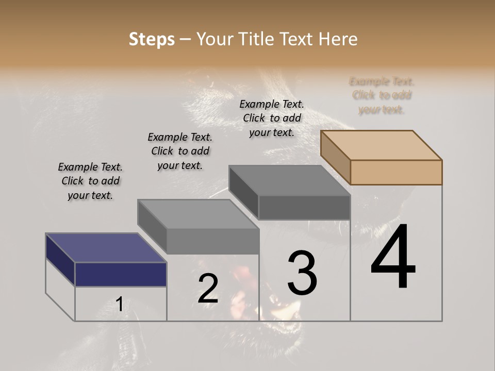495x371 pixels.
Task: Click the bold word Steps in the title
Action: coord(152,39)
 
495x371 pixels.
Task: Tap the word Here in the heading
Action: coord(338,39)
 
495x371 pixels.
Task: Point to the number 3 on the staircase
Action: coord(302,273)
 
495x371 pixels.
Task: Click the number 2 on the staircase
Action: coord(208,289)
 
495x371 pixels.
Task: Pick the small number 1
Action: coord(119,305)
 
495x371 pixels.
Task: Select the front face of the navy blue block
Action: coord(121,274)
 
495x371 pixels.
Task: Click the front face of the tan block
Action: coord(396,172)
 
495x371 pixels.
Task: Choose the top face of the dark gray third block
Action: coord(289,180)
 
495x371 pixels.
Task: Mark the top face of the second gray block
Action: coord(198,214)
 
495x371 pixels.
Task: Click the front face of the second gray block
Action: coord(212,241)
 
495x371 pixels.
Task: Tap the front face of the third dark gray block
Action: coord(304,207)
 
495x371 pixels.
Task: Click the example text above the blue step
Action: coord(90,181)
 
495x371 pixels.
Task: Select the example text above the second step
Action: coord(180,151)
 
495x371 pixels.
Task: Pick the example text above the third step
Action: coord(272,118)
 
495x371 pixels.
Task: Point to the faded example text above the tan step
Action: coord(382,95)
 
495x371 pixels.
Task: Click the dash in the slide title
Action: coord(185,40)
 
